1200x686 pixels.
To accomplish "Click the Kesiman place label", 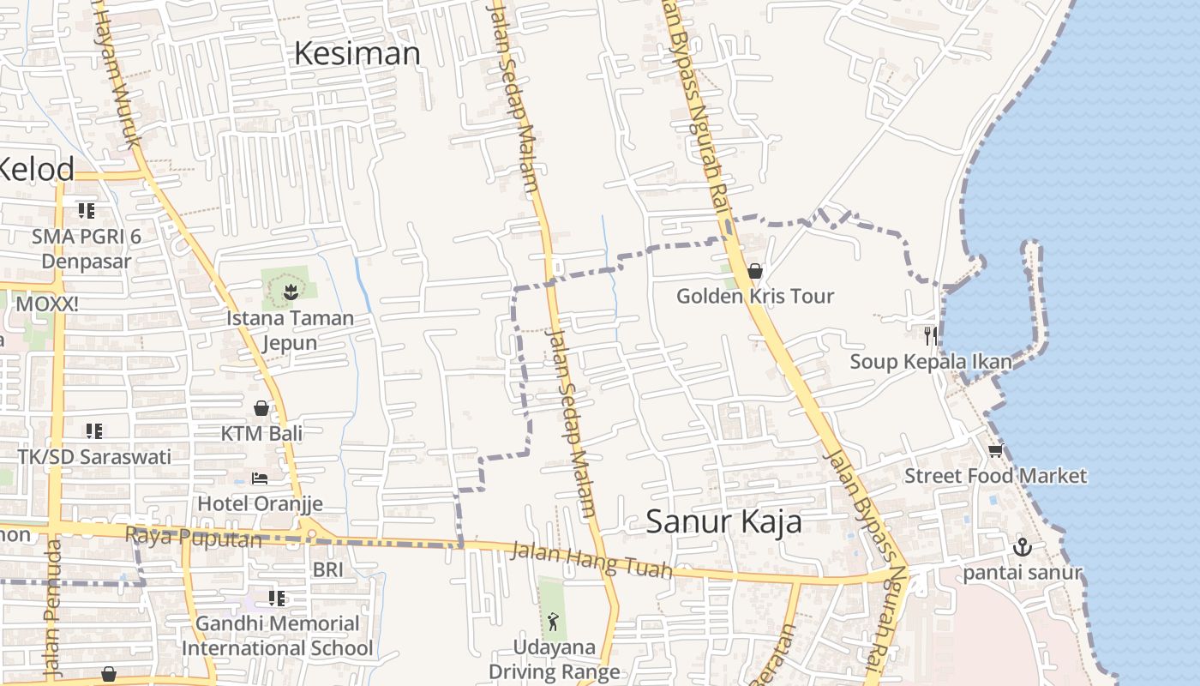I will click(x=357, y=54).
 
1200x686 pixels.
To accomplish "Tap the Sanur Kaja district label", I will click(x=723, y=521).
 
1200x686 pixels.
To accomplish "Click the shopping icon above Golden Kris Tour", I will click(x=755, y=271).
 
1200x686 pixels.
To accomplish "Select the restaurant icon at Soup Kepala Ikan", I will click(x=931, y=335).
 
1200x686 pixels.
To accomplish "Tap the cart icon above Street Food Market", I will click(x=995, y=450).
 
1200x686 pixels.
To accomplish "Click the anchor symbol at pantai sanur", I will click(x=1023, y=547).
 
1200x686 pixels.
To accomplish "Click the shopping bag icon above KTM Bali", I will click(x=261, y=408).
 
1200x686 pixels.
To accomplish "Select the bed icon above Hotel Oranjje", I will click(x=260, y=478).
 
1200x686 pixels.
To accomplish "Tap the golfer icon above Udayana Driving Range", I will click(x=553, y=621).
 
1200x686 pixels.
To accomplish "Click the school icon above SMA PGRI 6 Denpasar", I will click(x=86, y=210).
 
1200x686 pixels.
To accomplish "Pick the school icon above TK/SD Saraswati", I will click(x=94, y=431).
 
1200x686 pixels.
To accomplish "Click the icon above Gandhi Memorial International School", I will click(x=276, y=598).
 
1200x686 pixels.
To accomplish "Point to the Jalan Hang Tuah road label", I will click(x=591, y=559).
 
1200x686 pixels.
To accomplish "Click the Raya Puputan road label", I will click(x=193, y=539).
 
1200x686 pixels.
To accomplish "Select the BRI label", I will click(x=327, y=569).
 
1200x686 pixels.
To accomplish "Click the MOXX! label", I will click(x=47, y=304).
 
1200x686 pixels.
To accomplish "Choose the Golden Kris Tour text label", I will click(x=754, y=297).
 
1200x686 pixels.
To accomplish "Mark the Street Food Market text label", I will click(x=995, y=476).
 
